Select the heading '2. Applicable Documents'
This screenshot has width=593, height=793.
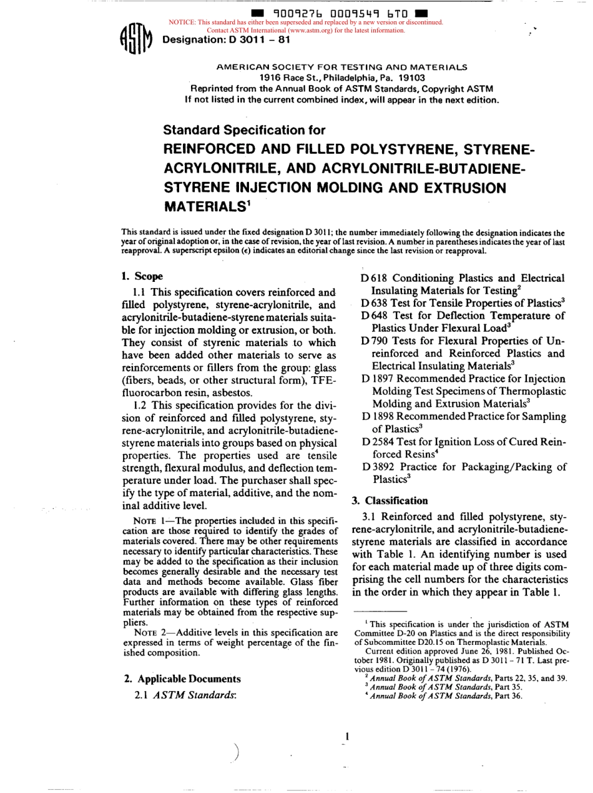coord(181,678)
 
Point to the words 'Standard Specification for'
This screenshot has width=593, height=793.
coord(244,130)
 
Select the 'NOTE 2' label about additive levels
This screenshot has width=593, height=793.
coord(149,632)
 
